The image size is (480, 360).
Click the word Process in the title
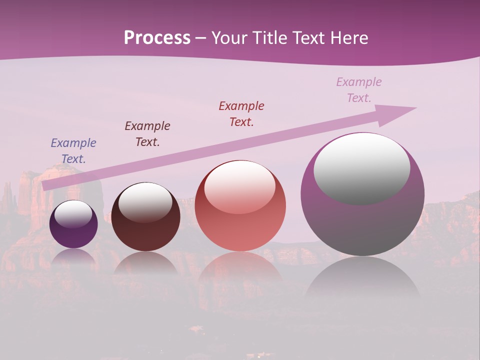click(x=157, y=38)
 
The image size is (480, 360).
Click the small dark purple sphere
click(x=73, y=235)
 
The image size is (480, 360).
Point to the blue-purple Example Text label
click(x=73, y=151)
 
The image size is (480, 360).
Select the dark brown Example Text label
click(x=147, y=134)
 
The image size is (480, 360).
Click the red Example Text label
click(x=241, y=114)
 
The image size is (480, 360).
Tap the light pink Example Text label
click(x=359, y=90)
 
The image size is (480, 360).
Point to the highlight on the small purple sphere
click(x=73, y=214)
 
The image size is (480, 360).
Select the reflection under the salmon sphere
click(x=240, y=267)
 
